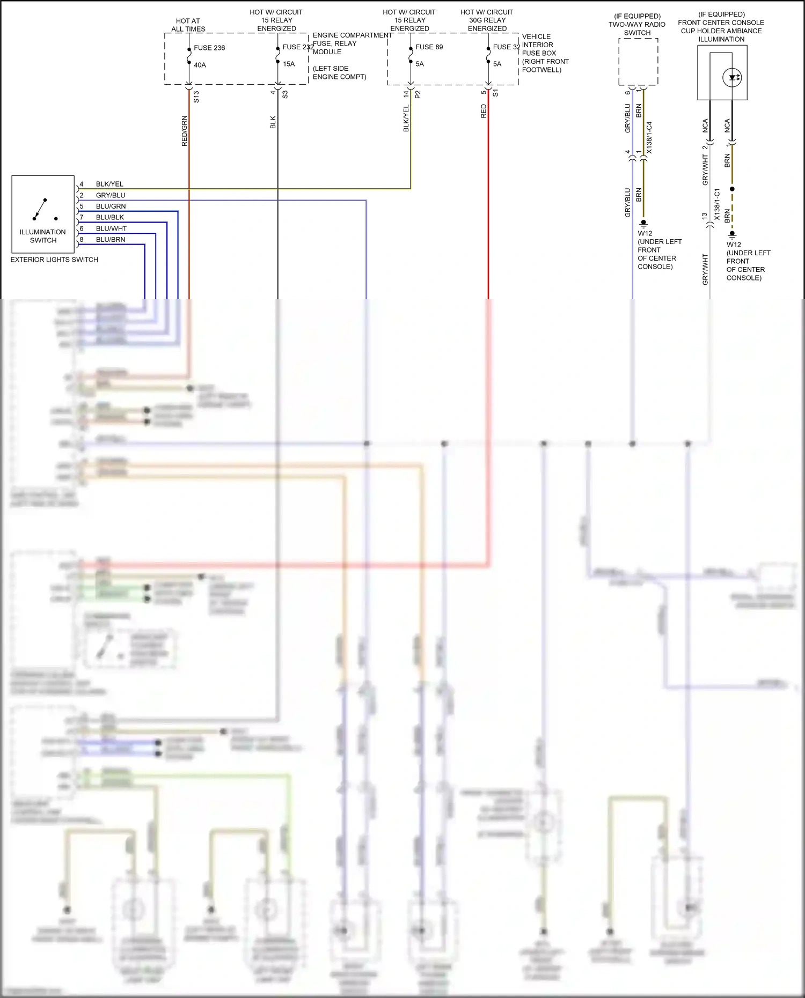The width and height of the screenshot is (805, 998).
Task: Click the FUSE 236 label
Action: pyautogui.click(x=209, y=48)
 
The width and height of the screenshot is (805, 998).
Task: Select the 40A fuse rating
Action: pyautogui.click(x=200, y=65)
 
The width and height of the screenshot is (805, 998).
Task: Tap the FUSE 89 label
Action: pyautogui.click(x=429, y=47)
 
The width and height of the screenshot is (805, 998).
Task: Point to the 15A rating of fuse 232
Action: pyautogui.click(x=289, y=64)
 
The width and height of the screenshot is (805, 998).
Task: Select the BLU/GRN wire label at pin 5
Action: pyautogui.click(x=111, y=206)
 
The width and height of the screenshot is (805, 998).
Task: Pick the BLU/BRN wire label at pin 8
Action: pyautogui.click(x=111, y=240)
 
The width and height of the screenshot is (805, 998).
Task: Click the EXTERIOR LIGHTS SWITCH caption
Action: pyautogui.click(x=54, y=260)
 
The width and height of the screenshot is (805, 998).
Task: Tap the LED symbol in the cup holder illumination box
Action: pyautogui.click(x=732, y=77)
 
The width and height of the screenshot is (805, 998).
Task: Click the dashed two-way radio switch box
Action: pyautogui.click(x=638, y=62)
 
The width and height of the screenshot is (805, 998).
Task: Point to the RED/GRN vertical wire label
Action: pyautogui.click(x=185, y=131)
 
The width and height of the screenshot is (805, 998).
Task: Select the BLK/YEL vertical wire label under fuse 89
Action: pyautogui.click(x=406, y=119)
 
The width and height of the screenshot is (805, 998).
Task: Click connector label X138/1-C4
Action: pyautogui.click(x=649, y=138)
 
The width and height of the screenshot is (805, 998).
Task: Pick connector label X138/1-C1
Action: pyautogui.click(x=717, y=204)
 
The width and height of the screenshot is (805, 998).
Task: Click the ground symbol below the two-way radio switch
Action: pyautogui.click(x=643, y=223)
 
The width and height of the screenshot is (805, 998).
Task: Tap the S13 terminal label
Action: pyautogui.click(x=196, y=97)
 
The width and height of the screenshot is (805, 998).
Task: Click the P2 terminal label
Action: pyautogui.click(x=418, y=94)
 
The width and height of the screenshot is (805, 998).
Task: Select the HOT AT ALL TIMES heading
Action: pyautogui.click(x=188, y=25)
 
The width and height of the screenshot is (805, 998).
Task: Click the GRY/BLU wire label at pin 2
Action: pyautogui.click(x=111, y=195)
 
